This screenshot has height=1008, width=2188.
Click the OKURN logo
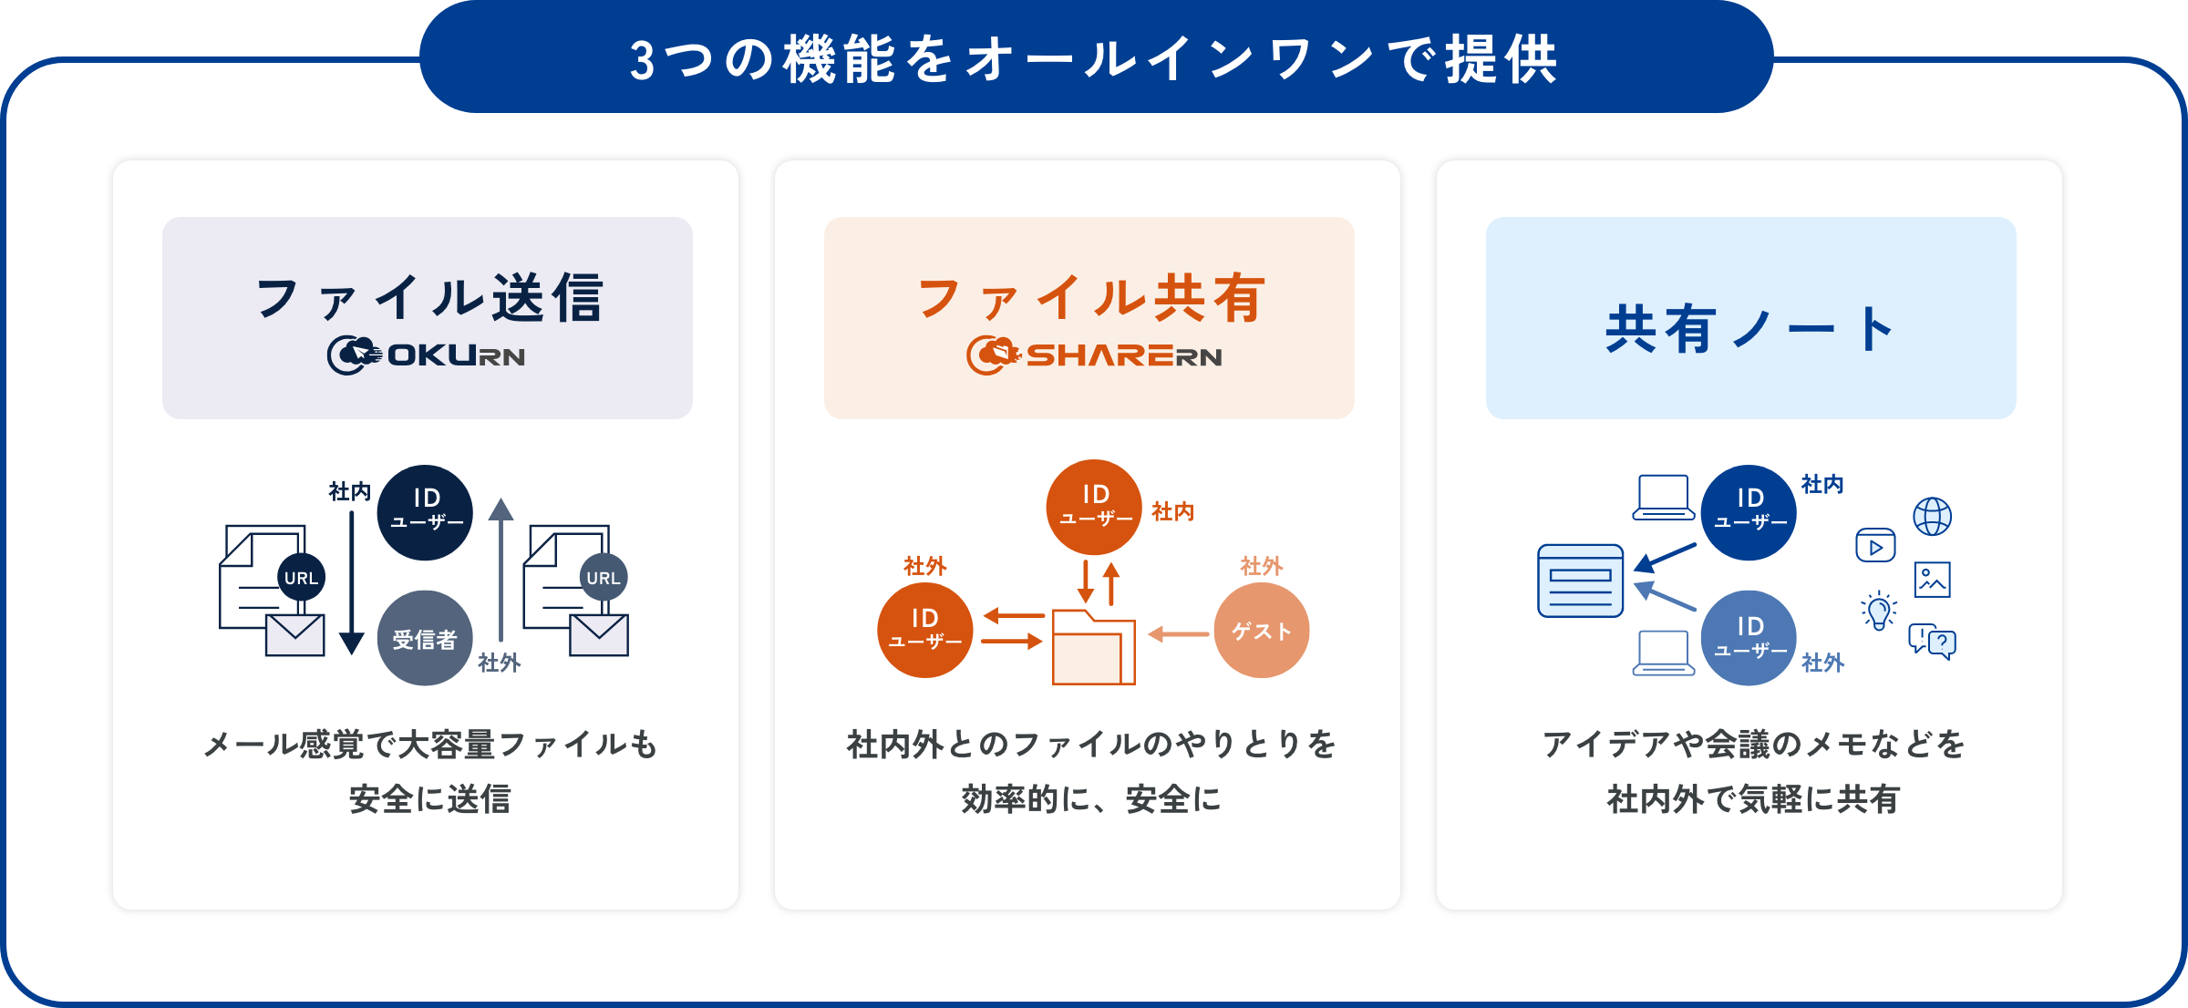click(427, 355)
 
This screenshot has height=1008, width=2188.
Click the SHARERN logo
click(1094, 355)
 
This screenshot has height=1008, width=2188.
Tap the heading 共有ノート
click(1750, 329)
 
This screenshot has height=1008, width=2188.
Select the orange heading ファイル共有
click(1091, 298)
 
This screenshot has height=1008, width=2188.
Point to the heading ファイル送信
click(429, 298)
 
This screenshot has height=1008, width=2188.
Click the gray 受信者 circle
click(425, 638)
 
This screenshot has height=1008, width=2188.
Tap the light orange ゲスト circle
click(1262, 631)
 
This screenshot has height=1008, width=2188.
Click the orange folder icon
click(1094, 647)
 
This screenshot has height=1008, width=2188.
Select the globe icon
click(1932, 517)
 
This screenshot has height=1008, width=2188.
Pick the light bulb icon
click(1879, 611)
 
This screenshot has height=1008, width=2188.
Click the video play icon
click(1876, 546)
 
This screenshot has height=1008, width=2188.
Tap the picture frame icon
click(1933, 580)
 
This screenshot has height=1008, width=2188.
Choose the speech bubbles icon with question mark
click(1933, 642)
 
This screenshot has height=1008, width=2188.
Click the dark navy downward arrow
click(352, 583)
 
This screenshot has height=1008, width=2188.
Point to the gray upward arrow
click(501, 570)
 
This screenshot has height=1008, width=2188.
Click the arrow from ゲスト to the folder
click(1178, 634)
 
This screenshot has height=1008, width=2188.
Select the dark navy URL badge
click(301, 577)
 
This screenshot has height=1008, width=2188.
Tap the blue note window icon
click(1581, 581)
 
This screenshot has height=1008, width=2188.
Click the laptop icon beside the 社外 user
click(1664, 653)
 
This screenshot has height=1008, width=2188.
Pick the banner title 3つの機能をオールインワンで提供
click(1095, 60)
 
